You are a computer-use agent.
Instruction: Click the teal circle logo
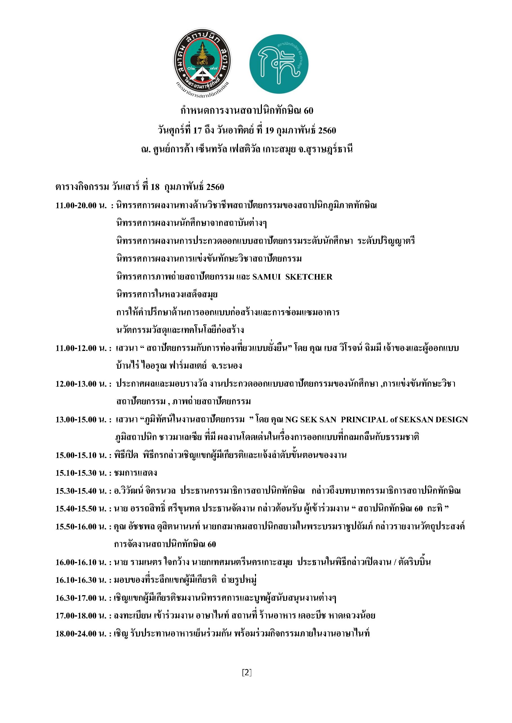coord(279,64)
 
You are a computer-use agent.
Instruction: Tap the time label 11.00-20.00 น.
coord(81,206)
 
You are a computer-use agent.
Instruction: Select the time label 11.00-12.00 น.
coord(81,348)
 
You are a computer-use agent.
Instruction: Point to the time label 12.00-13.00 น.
coord(81,384)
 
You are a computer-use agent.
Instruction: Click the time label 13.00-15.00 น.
coord(81,420)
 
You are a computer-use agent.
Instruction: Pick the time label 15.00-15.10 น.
coord(81,455)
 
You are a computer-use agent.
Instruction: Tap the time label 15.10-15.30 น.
coord(81,473)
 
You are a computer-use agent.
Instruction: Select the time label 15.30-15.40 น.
coord(81,491)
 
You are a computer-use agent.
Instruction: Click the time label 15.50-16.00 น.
coord(81,527)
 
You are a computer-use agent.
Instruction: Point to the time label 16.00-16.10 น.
coord(81,562)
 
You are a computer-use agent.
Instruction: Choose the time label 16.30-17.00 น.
coord(81,598)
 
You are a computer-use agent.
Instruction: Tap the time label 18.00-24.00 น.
coord(81,634)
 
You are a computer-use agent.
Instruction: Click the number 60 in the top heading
coord(308,110)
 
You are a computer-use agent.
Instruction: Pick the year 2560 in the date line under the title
coord(327,130)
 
